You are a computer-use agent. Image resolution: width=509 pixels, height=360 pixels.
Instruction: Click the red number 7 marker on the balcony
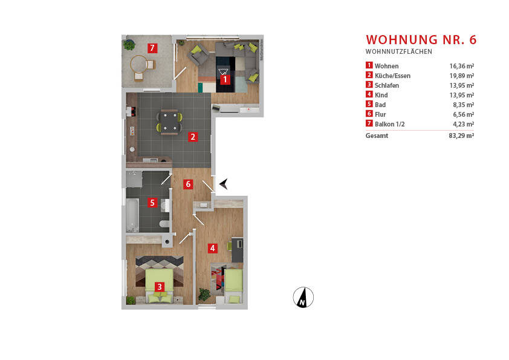coord(152,48)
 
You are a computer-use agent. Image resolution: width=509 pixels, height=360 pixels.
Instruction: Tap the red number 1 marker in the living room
coord(224,79)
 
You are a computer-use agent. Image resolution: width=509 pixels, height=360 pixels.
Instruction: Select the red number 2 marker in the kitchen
coord(192,136)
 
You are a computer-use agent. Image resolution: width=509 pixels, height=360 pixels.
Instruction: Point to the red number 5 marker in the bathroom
coord(152,203)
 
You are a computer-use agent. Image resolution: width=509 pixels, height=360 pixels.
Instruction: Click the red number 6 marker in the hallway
coord(188,184)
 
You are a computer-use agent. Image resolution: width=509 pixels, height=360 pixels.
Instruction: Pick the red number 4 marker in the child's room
coord(212,247)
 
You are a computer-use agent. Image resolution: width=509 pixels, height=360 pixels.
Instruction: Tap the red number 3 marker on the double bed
coord(159,287)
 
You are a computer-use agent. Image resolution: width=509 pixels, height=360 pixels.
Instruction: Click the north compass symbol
coord(303,296)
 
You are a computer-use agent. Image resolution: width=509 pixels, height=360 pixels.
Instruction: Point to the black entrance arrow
coord(223,184)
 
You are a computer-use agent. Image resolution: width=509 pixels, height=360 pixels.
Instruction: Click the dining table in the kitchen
coord(169,121)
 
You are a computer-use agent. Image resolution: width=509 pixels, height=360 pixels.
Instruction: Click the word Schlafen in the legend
coord(387,85)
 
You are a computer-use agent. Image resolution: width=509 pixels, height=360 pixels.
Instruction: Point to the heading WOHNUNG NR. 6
coord(421,40)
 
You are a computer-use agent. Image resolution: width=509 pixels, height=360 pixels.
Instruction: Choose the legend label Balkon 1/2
coord(391,124)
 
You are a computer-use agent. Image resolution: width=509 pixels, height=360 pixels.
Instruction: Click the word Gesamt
coord(377,136)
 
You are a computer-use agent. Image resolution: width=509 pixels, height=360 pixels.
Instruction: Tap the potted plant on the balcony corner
coord(129,44)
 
